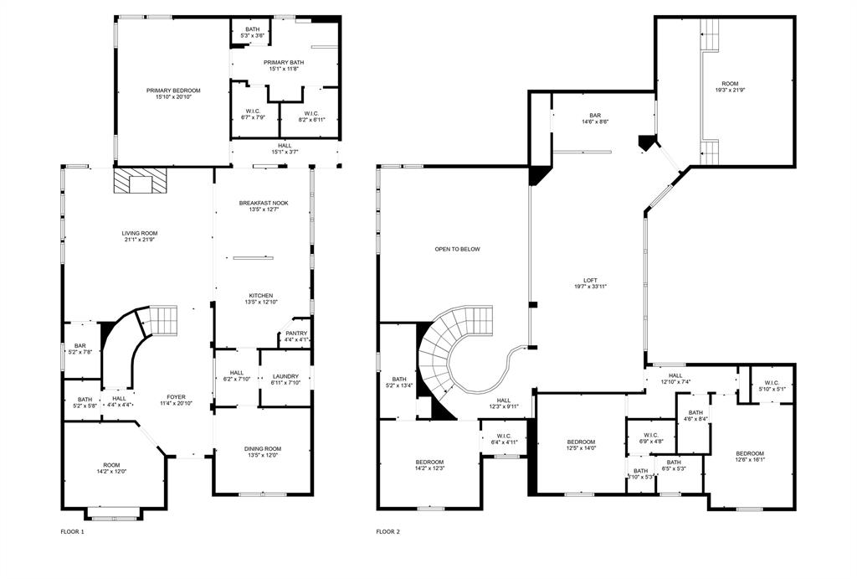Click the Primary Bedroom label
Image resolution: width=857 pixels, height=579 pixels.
pyautogui.click(x=173, y=90)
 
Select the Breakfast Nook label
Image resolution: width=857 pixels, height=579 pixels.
pyautogui.click(x=263, y=203)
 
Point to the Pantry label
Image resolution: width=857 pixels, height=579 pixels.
pyautogui.click(x=296, y=333)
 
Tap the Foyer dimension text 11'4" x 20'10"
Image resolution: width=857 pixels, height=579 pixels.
pyautogui.click(x=176, y=404)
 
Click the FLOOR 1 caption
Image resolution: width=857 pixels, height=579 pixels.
pyautogui.click(x=72, y=531)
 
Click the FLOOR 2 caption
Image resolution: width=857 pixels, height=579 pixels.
pyautogui.click(x=387, y=531)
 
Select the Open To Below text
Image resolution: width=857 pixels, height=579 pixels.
pyautogui.click(x=457, y=249)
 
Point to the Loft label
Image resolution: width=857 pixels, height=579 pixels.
pyautogui.click(x=590, y=281)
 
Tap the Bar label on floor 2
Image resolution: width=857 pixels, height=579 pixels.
pyautogui.click(x=595, y=116)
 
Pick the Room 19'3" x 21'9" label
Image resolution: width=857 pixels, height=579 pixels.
pyautogui.click(x=731, y=84)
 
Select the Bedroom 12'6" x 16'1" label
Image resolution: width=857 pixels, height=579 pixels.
pyautogui.click(x=749, y=453)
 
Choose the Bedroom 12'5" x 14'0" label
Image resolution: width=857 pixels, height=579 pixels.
pyautogui.click(x=581, y=442)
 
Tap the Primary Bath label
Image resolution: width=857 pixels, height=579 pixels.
pyautogui.click(x=284, y=63)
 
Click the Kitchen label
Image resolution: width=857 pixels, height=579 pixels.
pyautogui.click(x=260, y=296)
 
